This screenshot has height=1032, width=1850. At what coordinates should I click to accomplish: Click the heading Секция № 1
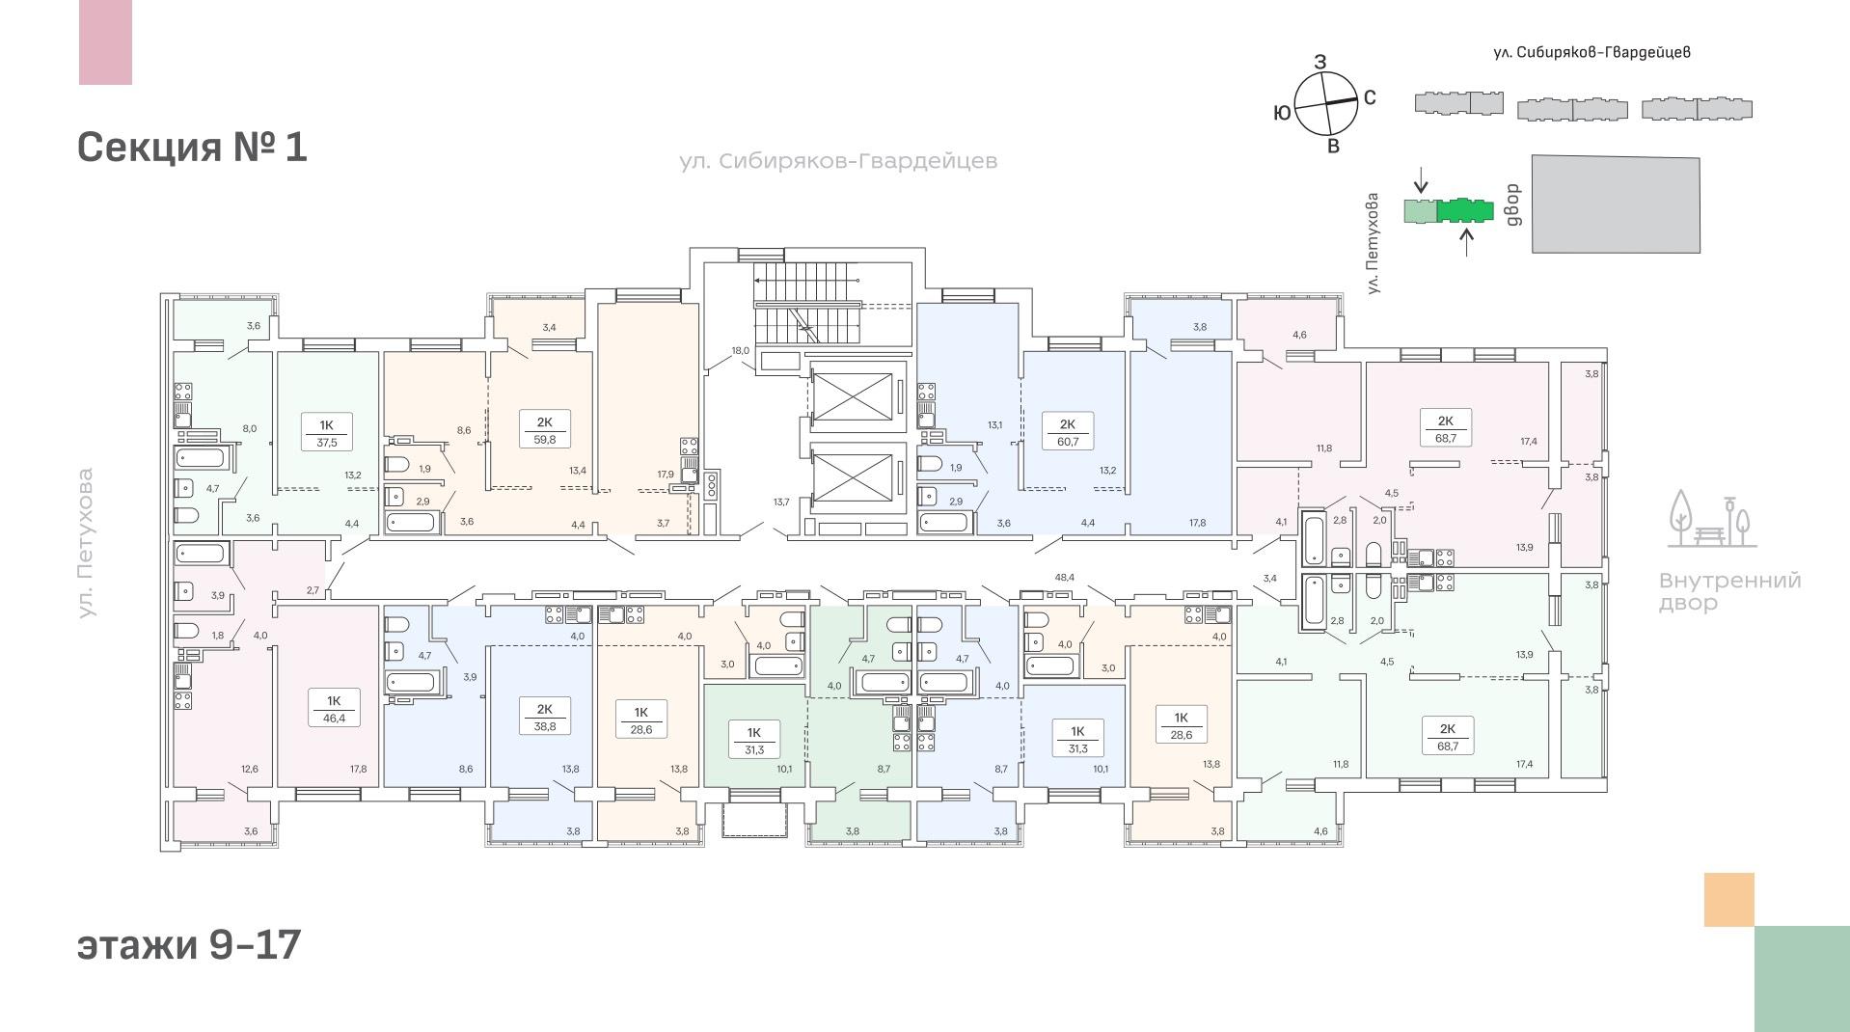coord(192,148)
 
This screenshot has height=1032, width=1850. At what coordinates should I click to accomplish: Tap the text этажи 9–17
coord(189,944)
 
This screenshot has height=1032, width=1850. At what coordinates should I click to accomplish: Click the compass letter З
coord(1320,62)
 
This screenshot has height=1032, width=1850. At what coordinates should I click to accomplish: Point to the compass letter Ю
coord(1282,113)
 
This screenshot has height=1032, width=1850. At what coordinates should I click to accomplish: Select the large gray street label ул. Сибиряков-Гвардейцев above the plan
coord(838,161)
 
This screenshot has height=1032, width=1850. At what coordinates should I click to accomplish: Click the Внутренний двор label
coord(1730,592)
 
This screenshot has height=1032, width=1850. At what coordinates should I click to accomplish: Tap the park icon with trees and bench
coord(1713,519)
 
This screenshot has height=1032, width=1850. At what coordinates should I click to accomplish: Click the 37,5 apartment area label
coord(326,443)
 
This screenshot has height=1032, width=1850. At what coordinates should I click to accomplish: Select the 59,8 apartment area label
coord(544,439)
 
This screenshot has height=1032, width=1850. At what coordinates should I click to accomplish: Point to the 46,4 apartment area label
coord(334,719)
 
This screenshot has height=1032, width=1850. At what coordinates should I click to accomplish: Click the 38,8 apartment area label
coord(545,726)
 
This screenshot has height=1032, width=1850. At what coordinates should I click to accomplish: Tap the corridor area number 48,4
coord(1065,577)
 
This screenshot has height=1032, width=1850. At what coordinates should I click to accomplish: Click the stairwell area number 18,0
coord(741,350)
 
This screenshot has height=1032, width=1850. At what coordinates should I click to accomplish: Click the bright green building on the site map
coord(1465,209)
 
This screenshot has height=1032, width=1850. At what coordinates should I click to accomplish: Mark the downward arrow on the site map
coord(1420,179)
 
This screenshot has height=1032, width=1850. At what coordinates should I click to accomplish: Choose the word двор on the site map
coord(1512,204)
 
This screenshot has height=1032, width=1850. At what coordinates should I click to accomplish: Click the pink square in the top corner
coord(105,42)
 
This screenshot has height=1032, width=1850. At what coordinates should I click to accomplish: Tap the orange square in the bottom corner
coord(1729,900)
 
